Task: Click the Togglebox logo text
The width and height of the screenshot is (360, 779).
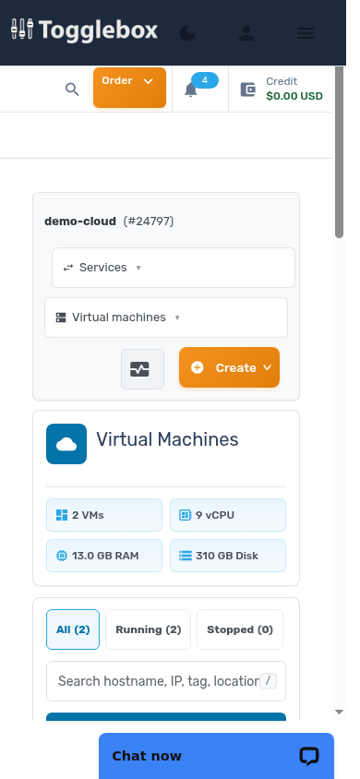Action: coord(99,30)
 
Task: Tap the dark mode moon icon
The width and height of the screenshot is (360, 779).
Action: coord(187,33)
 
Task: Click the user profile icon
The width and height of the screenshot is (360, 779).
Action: coord(246,33)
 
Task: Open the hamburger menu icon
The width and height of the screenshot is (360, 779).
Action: coord(306,33)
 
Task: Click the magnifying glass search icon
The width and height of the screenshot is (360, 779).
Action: coord(72,90)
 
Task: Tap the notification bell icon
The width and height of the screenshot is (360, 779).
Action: coord(191,90)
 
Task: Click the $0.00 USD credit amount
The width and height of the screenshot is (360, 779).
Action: coord(294,96)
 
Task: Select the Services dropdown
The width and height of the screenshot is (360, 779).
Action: coord(174,268)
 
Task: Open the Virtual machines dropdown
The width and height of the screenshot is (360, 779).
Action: coord(166,318)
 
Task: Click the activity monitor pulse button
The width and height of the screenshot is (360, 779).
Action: coord(142,369)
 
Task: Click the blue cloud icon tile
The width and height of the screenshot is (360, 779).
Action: coord(66,444)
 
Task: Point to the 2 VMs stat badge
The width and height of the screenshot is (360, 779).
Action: coord(104,515)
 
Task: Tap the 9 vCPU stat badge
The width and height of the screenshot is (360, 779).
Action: coord(228,515)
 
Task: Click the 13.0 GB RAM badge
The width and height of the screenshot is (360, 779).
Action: coord(104,556)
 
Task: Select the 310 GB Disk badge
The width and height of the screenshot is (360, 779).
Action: coord(228,556)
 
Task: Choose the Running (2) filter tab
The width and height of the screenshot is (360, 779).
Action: coord(148,629)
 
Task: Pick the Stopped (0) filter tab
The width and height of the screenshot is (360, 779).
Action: coord(240,629)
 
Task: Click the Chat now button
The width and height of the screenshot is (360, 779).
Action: coord(217,756)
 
